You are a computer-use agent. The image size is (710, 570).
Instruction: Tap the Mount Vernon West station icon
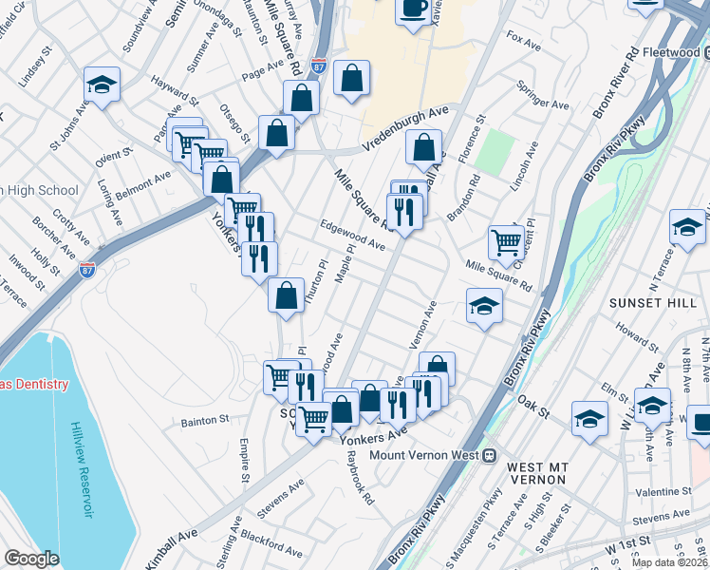(x=491, y=455)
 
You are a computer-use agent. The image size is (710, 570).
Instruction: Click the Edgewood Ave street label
(x=352, y=234)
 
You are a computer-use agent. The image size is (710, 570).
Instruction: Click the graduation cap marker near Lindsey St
(x=102, y=85)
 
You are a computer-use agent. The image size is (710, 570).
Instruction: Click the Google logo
(x=32, y=559)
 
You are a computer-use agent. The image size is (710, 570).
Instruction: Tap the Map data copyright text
(x=669, y=562)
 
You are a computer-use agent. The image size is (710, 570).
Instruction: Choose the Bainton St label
(x=204, y=419)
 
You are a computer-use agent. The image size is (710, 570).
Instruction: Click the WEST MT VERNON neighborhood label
(x=538, y=475)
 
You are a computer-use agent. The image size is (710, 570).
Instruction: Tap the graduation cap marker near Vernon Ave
(x=484, y=307)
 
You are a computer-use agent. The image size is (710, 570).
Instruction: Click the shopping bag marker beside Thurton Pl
(x=286, y=295)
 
